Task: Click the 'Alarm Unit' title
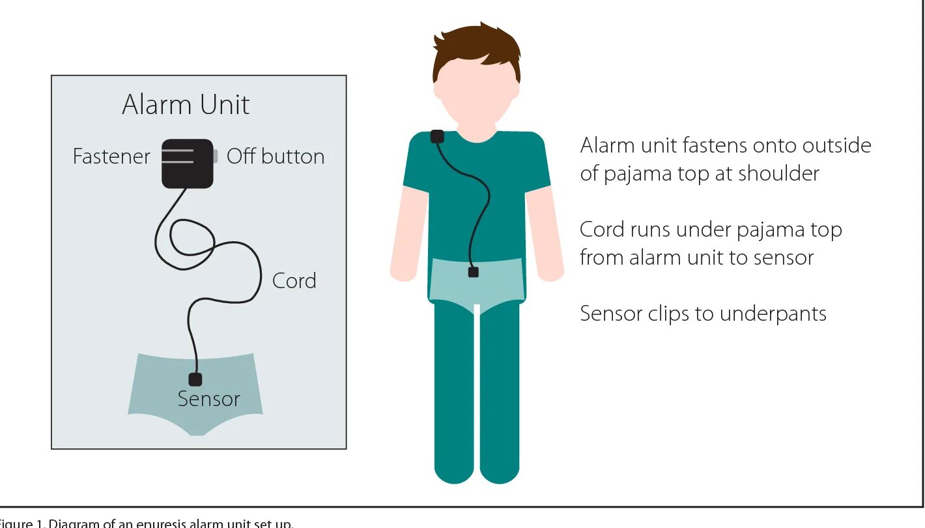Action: pyautogui.click(x=186, y=105)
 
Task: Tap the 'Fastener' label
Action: pyautogui.click(x=111, y=157)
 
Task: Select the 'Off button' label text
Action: pyautogui.click(x=275, y=157)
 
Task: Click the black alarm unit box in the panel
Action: pyautogui.click(x=188, y=164)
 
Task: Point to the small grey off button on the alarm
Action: pyautogui.click(x=215, y=156)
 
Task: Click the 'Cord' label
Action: pyautogui.click(x=294, y=281)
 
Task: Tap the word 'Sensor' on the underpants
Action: pyautogui.click(x=208, y=399)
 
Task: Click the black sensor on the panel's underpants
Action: pyautogui.click(x=195, y=379)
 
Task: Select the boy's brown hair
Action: pyautogui.click(x=477, y=49)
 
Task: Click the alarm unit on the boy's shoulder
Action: pyautogui.click(x=438, y=136)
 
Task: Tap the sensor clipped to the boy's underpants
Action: pyautogui.click(x=474, y=272)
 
